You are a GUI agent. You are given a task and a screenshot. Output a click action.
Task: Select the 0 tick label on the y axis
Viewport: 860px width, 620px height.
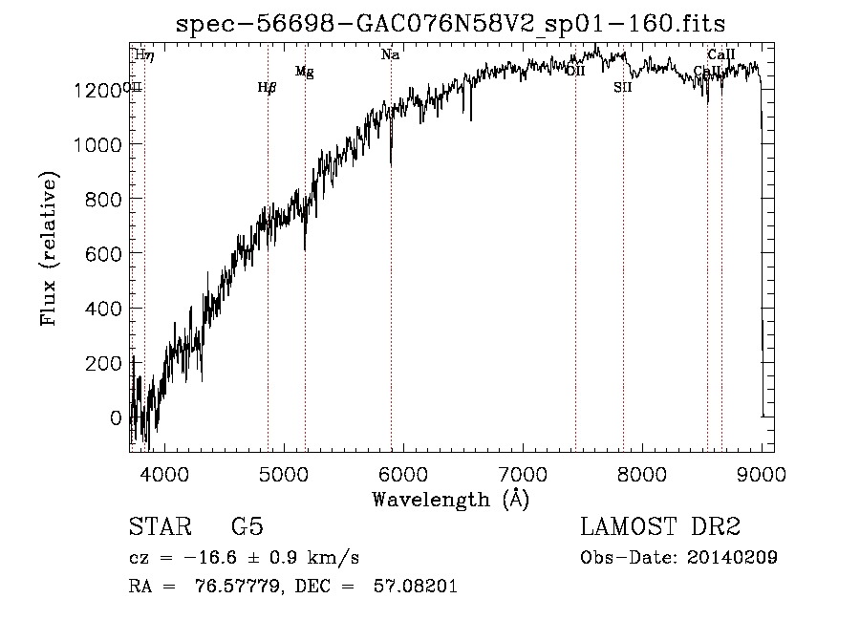tap(116, 418)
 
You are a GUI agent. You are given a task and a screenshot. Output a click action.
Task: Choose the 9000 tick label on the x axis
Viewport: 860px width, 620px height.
tap(761, 473)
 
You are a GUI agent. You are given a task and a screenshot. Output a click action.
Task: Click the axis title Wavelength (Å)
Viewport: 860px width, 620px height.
tap(450, 500)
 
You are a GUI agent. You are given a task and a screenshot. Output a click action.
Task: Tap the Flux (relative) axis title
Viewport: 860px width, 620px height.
tap(49, 249)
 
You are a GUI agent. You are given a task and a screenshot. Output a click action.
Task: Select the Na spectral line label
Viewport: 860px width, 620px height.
tap(390, 55)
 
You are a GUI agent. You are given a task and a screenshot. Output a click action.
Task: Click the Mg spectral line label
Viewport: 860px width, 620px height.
tap(305, 72)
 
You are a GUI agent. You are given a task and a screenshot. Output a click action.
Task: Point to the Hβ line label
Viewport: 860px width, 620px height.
tap(268, 88)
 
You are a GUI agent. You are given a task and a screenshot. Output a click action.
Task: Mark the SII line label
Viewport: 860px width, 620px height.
tap(623, 88)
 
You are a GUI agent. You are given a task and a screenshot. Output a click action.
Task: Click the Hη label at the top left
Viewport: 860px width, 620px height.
tap(144, 55)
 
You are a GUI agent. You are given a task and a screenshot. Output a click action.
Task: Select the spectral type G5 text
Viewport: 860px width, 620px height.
tap(247, 528)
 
